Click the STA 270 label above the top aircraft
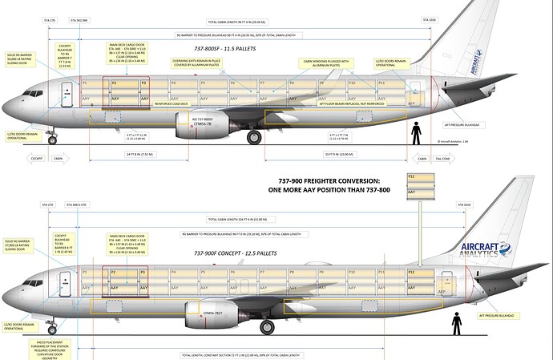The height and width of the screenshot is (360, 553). click(52, 20)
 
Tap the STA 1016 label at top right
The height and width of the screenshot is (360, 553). click(429, 20)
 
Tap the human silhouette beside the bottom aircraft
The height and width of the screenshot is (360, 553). click(456, 322)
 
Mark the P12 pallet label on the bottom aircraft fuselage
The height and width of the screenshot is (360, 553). click(412, 273)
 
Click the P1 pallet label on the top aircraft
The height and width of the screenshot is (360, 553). click(86, 83)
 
